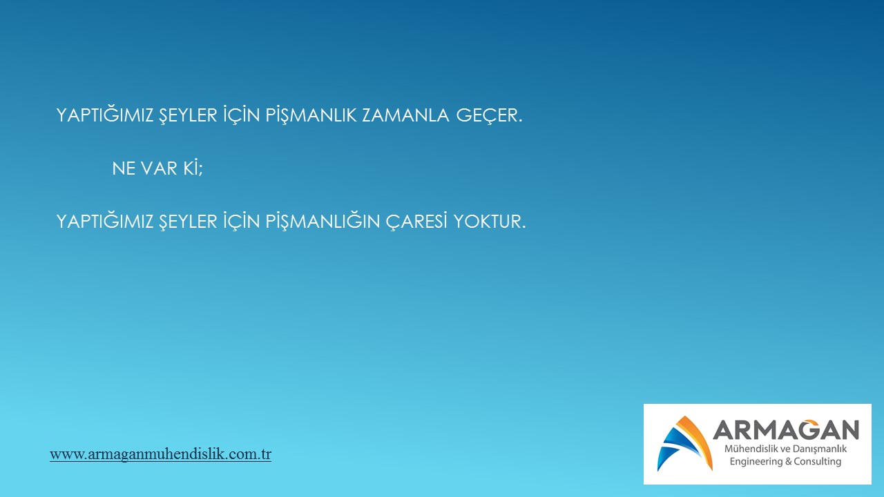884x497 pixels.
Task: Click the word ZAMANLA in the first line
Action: [405, 115]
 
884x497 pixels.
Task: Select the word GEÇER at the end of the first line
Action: [490, 115]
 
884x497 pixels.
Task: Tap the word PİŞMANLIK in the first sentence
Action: [311, 115]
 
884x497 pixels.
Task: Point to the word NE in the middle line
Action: [124, 168]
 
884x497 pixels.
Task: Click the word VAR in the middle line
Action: [159, 168]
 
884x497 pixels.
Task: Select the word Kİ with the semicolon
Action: [193, 168]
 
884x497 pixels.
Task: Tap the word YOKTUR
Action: [490, 222]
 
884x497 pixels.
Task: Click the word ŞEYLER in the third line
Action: [189, 222]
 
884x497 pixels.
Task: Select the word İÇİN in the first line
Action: [242, 115]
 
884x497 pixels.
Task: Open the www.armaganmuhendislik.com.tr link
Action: [161, 454]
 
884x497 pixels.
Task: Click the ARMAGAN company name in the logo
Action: [786, 429]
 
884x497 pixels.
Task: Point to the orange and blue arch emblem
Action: [685, 444]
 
